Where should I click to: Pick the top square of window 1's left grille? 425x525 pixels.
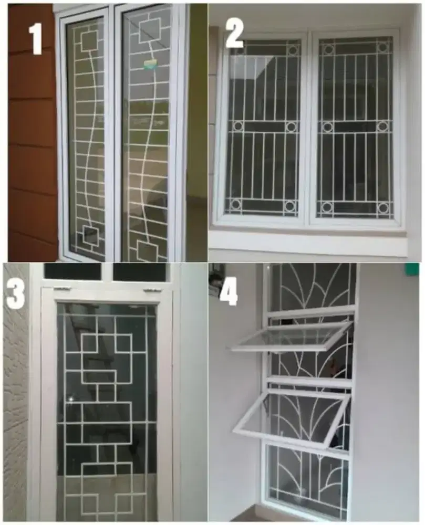tap(89, 40)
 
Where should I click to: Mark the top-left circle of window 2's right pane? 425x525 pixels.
tap(328, 49)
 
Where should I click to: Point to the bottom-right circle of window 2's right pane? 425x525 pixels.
tap(383, 208)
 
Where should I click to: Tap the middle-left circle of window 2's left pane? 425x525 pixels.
tap(238, 126)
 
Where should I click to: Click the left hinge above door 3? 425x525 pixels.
tap(61, 288)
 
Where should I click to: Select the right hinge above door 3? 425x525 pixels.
tap(152, 289)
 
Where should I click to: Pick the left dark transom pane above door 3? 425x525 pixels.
tap(72, 271)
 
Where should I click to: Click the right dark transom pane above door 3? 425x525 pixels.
tap(140, 272)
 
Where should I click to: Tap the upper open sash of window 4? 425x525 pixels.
tap(291, 337)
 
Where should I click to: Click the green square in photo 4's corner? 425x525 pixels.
tap(412, 269)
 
